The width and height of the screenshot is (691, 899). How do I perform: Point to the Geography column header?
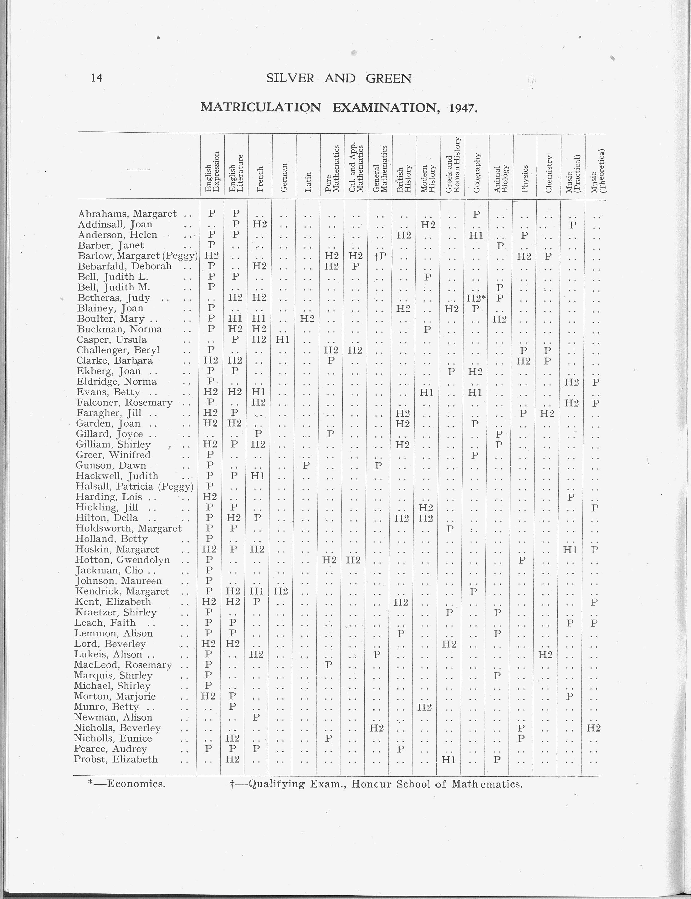(477, 173)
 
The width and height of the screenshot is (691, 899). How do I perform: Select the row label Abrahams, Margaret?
(127, 213)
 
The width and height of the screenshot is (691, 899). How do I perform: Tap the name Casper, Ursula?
(111, 339)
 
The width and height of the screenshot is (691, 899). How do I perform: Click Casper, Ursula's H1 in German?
(283, 339)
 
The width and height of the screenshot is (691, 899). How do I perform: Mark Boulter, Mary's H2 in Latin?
(306, 319)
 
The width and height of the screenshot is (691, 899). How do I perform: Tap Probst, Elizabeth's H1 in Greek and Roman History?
(448, 759)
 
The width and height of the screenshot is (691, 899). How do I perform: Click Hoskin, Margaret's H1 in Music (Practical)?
(570, 549)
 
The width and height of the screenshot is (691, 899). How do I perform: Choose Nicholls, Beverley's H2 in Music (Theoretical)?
(593, 728)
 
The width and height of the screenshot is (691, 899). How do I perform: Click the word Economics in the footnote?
(136, 784)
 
